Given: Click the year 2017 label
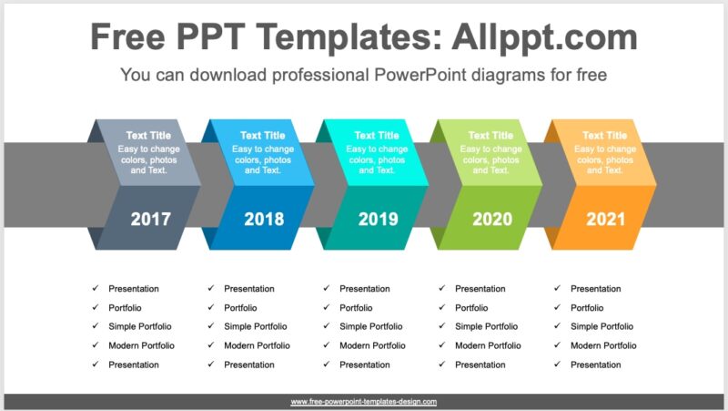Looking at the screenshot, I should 149,219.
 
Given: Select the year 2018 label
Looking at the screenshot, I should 264,219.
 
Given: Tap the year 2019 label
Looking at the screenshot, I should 378,219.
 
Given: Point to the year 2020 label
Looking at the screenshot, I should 491,219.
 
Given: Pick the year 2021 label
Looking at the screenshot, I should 605,219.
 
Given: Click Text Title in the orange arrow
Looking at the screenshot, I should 605,136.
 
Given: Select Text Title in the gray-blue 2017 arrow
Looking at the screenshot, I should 148,136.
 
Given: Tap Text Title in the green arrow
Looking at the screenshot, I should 491,136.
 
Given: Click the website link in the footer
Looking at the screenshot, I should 364,402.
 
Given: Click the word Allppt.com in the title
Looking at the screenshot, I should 546,37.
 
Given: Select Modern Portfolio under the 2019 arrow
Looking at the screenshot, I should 372,345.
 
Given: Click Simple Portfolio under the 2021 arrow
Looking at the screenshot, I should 602,326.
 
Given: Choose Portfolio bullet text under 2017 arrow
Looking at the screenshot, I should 125,308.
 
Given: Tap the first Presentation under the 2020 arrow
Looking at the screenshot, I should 480,289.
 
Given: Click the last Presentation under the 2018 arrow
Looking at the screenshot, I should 248,365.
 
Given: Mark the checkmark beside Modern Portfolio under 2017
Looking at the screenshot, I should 95,345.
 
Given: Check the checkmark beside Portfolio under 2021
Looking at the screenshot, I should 557,308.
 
